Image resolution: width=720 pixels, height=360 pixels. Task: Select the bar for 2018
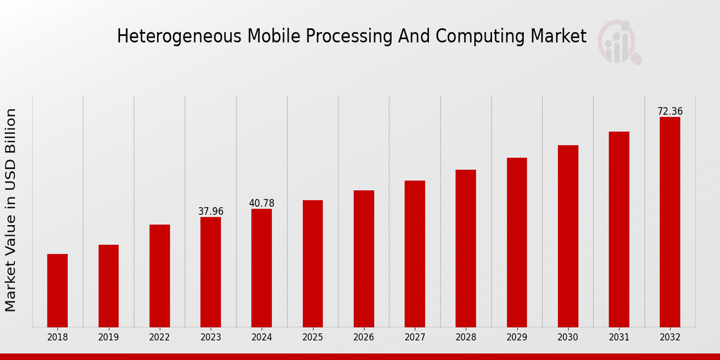pos(58,290)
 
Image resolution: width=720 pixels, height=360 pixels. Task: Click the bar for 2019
pos(109,286)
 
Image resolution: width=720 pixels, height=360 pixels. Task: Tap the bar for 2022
pos(160,276)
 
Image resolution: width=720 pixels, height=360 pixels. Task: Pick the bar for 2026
pos(364,259)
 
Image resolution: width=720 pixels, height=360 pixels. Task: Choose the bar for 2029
pos(517,242)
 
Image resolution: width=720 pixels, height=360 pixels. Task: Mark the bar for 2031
pos(619,229)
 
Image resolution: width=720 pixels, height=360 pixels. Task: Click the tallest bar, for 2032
pos(670,222)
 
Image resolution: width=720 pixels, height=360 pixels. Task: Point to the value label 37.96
pos(211,211)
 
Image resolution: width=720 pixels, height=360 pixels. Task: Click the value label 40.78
pos(262,203)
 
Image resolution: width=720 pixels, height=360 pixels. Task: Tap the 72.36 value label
pos(670,112)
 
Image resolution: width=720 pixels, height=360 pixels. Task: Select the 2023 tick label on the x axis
pos(211,338)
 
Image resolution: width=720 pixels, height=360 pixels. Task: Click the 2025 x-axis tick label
pos(313,338)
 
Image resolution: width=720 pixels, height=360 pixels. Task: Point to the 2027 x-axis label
pos(415,338)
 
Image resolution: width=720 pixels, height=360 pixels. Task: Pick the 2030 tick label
pos(568,338)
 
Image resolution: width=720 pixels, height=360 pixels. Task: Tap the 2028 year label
pos(466,338)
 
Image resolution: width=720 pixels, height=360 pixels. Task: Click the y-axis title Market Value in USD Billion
pos(11,210)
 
